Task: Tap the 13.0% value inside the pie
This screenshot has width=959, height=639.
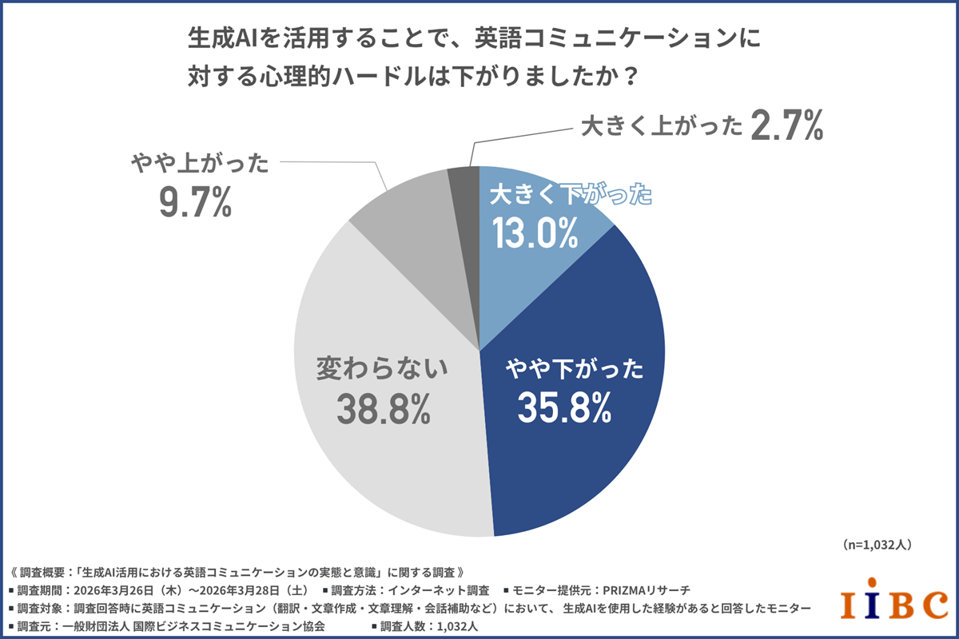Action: [x=534, y=233]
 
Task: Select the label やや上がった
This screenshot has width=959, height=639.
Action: [x=200, y=165]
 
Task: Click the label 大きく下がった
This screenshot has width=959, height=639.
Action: [x=571, y=195]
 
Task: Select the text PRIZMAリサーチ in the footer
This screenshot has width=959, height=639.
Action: [x=651, y=590]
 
